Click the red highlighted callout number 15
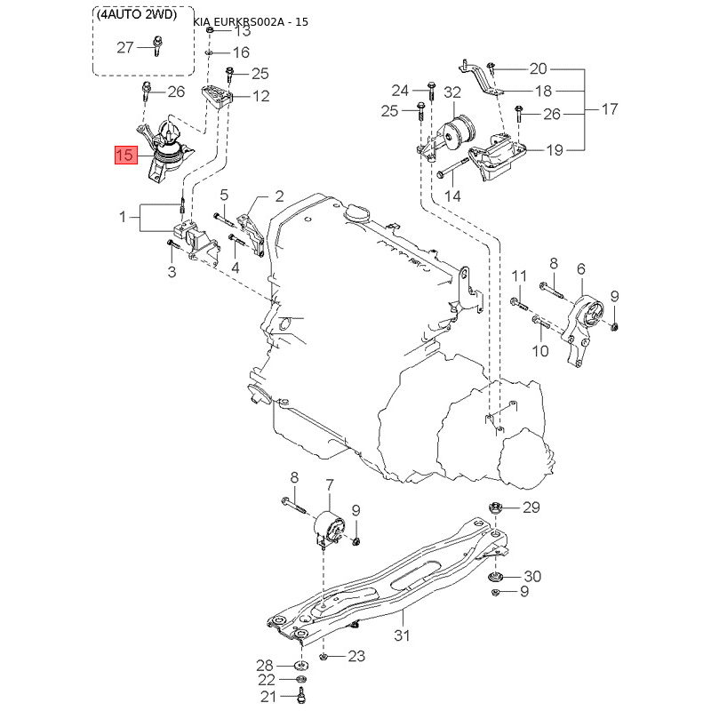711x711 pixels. pyautogui.click(x=125, y=156)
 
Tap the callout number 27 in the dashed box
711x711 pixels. pyautogui.click(x=125, y=48)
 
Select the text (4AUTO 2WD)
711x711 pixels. pyautogui.click(x=137, y=14)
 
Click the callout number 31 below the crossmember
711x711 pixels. pyautogui.click(x=403, y=635)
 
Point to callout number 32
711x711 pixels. pyautogui.click(x=452, y=92)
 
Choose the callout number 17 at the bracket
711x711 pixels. pyautogui.click(x=610, y=109)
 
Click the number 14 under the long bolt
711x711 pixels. pyautogui.click(x=452, y=196)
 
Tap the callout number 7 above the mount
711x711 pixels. pyautogui.click(x=330, y=485)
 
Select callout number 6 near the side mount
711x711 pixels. pyautogui.click(x=581, y=269)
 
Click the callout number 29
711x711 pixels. pyautogui.click(x=531, y=507)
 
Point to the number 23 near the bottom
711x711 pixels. pyautogui.click(x=356, y=656)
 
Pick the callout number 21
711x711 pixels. pyautogui.click(x=268, y=696)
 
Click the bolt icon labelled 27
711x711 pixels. pyautogui.click(x=157, y=46)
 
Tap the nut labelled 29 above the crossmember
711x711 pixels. pyautogui.click(x=494, y=507)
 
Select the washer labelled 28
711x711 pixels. pyautogui.click(x=300, y=666)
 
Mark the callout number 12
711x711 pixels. pyautogui.click(x=260, y=96)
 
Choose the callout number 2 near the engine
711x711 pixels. pyautogui.click(x=279, y=196)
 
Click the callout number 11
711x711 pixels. pyautogui.click(x=519, y=276)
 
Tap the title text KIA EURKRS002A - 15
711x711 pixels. pyautogui.click(x=251, y=21)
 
